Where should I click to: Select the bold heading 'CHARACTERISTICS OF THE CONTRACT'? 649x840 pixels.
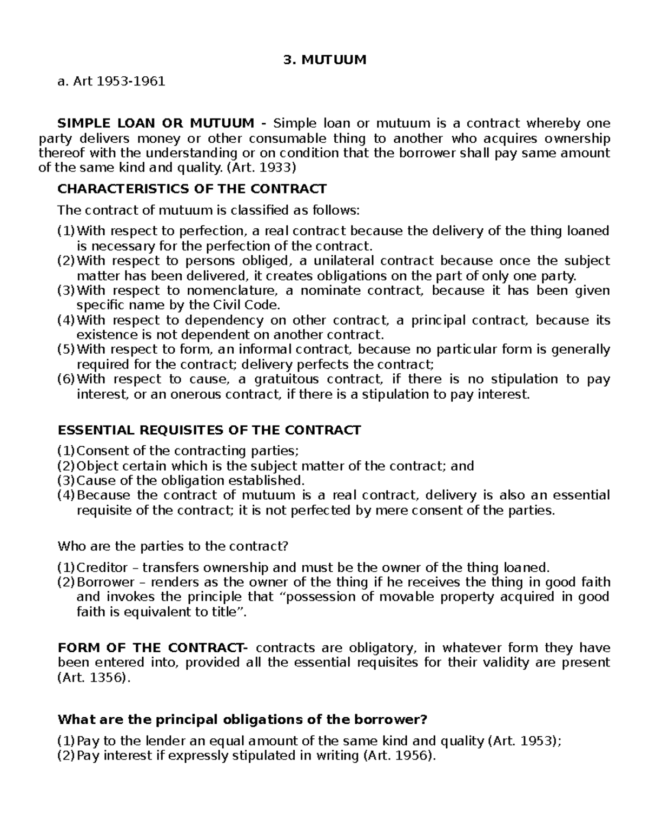[x=192, y=189]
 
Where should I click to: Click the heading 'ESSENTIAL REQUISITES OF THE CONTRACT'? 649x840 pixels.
[x=209, y=430]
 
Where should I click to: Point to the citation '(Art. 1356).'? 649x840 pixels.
[x=94, y=678]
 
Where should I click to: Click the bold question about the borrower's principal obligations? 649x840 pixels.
[x=242, y=720]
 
